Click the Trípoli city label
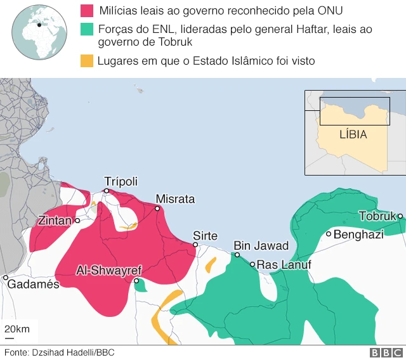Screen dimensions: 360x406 pyautogui.click(x=121, y=181)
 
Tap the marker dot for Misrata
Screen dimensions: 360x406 pyautogui.click(x=157, y=209)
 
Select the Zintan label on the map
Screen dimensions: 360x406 pyautogui.click(x=55, y=221)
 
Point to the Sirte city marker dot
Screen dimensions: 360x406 pyautogui.click(x=195, y=245)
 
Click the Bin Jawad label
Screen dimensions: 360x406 pyautogui.click(x=261, y=246)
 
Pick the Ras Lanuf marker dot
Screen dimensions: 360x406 pyautogui.click(x=252, y=264)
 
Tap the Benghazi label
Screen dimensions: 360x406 pyautogui.click(x=358, y=235)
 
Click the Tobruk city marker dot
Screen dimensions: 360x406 pyautogui.click(x=400, y=216)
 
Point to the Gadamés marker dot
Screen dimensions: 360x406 pyautogui.click(x=6, y=278)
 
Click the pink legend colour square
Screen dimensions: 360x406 pyautogui.click(x=86, y=11)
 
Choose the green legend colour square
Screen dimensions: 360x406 pyautogui.click(x=86, y=29)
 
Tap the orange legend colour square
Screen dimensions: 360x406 pyautogui.click(x=86, y=61)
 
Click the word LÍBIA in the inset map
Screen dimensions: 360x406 pyautogui.click(x=353, y=134)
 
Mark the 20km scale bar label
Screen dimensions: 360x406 pyautogui.click(x=17, y=329)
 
